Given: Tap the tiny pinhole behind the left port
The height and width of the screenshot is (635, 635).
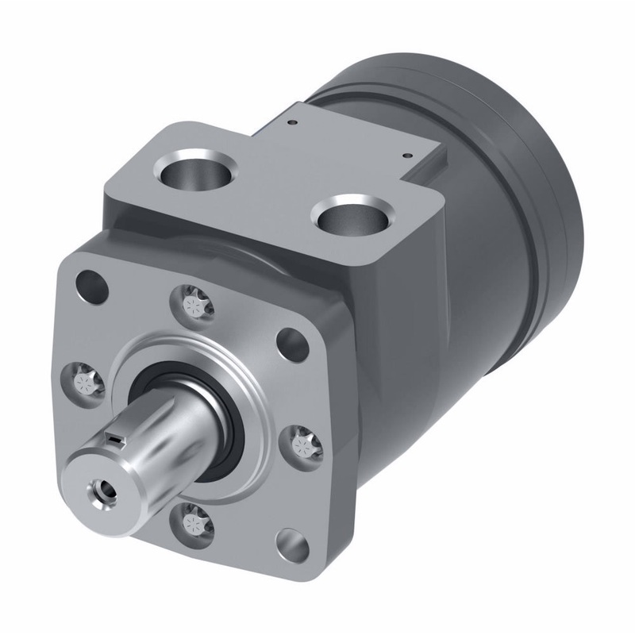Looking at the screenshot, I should tap(292, 123).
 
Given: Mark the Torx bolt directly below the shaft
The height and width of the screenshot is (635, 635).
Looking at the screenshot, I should tap(191, 520).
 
